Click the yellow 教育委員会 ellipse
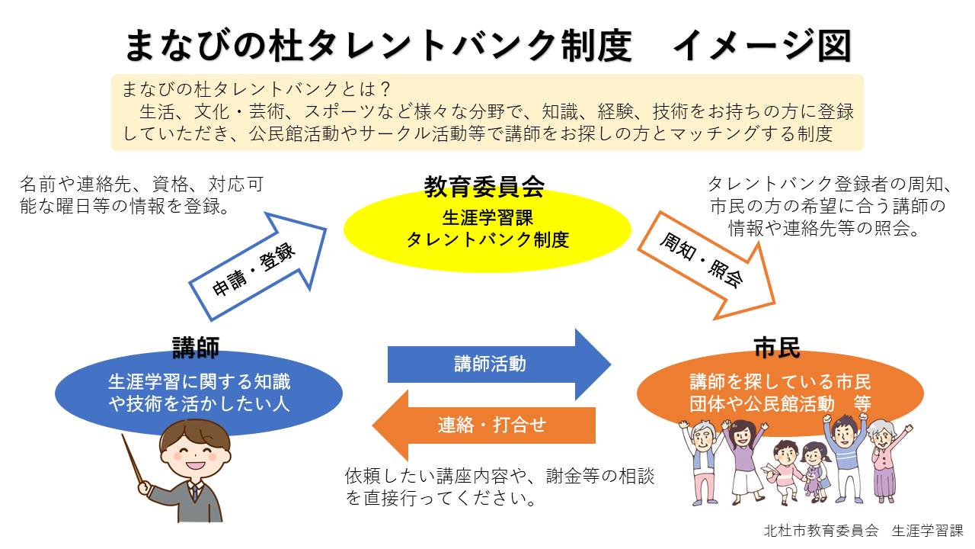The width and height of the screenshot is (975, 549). [487, 229]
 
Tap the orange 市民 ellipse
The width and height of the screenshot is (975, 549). [780, 391]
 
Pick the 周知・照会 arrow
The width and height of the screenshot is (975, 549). [705, 263]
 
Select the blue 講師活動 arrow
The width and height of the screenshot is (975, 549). [495, 364]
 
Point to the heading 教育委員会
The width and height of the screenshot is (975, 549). [484, 185]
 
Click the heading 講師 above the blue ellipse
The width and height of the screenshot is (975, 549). [196, 348]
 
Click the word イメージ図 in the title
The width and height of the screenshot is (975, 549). [762, 46]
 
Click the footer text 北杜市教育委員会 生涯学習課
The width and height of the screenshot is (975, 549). [863, 530]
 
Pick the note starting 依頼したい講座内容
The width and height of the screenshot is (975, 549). [499, 487]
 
